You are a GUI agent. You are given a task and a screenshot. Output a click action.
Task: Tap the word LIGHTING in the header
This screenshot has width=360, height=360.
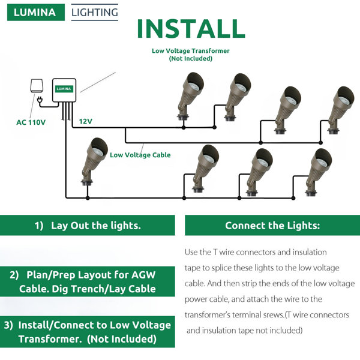(x=94, y=11)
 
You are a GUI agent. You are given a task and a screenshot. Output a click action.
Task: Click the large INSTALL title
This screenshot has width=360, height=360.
(x=190, y=29)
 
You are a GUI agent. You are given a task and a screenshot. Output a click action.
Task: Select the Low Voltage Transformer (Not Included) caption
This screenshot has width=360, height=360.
(x=190, y=55)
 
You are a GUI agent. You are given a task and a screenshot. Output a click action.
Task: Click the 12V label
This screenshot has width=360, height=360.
(x=86, y=121)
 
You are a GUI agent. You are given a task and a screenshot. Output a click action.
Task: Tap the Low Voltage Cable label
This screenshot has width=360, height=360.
(x=140, y=155)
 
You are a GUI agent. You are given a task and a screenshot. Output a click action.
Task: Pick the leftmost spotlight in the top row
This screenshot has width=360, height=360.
(x=188, y=96)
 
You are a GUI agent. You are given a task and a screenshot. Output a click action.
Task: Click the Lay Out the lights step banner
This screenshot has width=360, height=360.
(x=88, y=226)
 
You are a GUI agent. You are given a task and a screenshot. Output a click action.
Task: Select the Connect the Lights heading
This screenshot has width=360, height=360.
(x=272, y=226)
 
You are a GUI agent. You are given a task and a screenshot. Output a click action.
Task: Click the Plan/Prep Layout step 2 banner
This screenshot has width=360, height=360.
(x=88, y=282)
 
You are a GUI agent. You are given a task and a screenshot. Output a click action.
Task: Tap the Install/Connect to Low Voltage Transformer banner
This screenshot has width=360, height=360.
(x=88, y=332)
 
